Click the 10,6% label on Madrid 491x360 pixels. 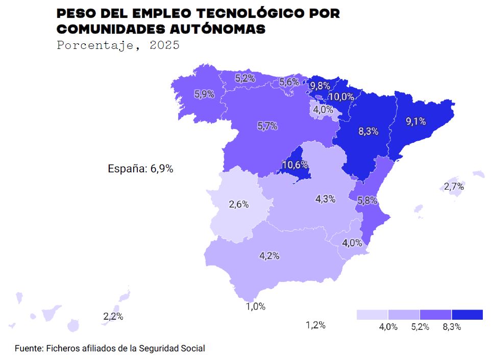point(295,165)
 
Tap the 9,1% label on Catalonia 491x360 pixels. point(415,121)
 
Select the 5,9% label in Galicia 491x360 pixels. point(204,94)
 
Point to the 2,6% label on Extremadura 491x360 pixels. point(238,204)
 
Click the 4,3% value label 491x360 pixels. point(326,199)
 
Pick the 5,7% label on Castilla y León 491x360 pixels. point(267,126)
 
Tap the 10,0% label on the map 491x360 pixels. point(341,96)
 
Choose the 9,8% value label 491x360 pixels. point(320,85)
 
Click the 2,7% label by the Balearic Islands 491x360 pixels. point(454,187)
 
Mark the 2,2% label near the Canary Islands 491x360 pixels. point(113,316)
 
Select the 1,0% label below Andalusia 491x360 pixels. point(256,306)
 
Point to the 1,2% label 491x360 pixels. point(315,325)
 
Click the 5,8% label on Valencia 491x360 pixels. point(367,201)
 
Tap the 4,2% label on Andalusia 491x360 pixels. point(269,256)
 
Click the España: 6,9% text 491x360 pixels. point(140,169)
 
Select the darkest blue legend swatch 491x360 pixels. point(467,315)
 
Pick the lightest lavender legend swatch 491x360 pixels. point(372,315)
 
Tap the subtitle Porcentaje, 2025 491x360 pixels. point(118,45)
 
